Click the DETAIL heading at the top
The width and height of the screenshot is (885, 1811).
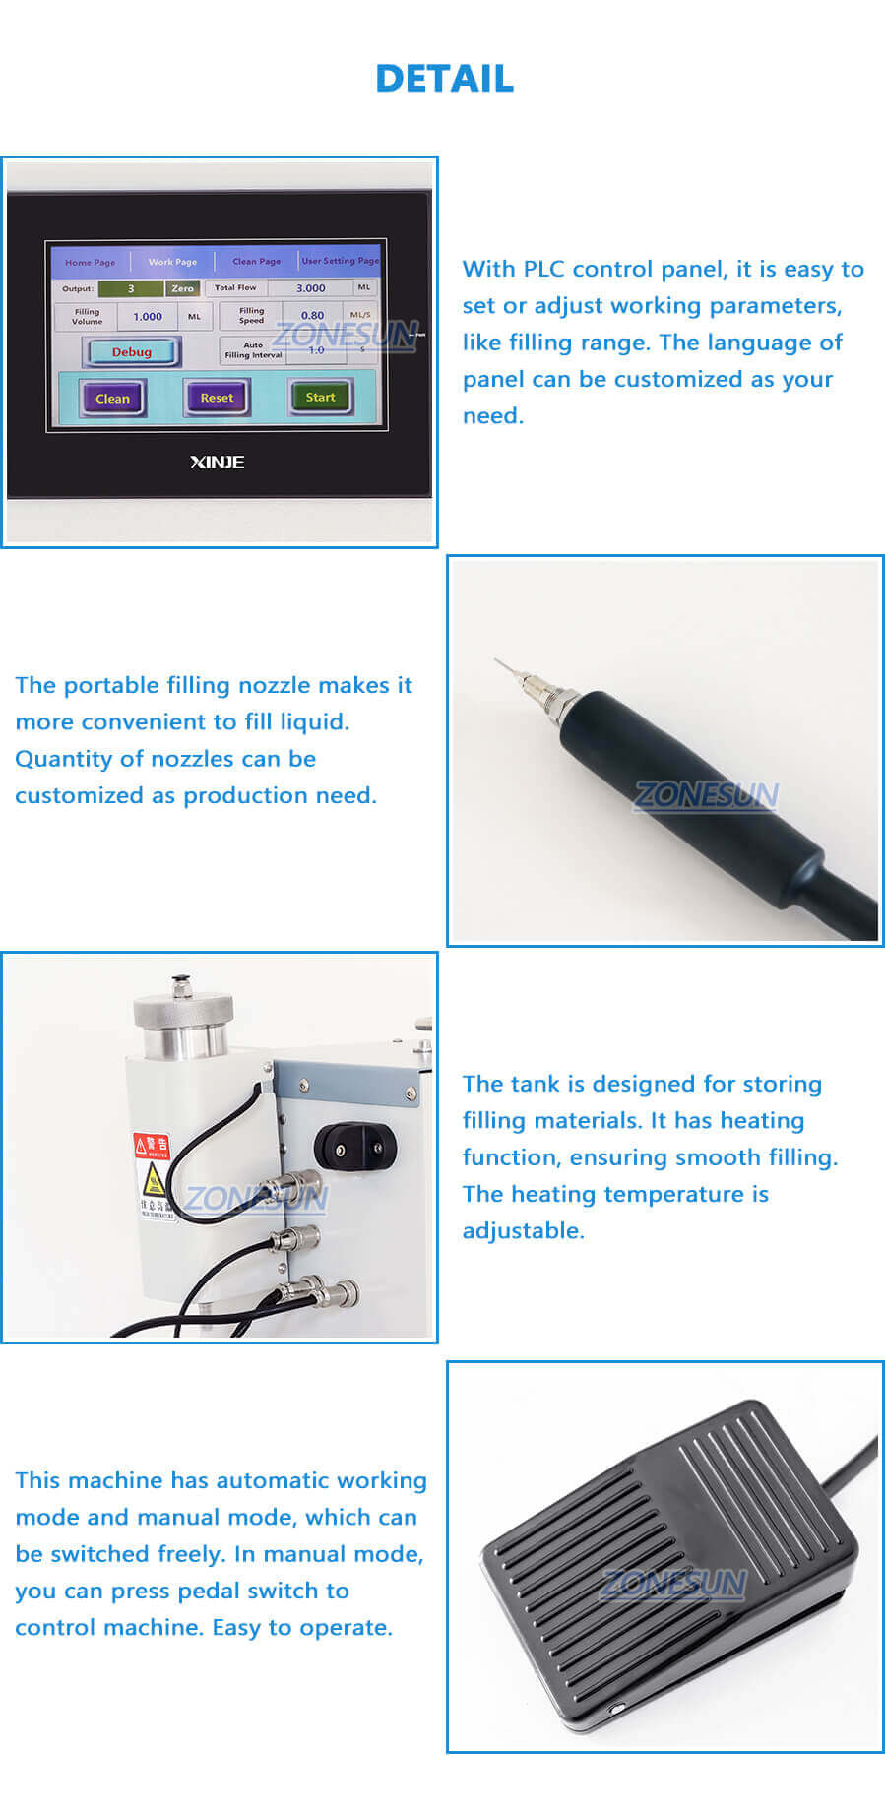coord(444,79)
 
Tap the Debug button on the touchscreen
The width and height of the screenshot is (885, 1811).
coord(132,352)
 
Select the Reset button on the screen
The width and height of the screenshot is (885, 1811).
coord(217,398)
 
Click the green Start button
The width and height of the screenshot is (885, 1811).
coord(320,397)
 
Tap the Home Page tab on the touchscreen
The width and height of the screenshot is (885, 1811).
coord(90,262)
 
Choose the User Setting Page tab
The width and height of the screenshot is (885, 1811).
coord(340,261)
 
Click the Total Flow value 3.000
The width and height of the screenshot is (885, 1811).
coord(311,288)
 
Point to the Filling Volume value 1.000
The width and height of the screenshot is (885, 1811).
coord(148,317)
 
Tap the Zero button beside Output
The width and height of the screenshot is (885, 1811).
coord(182,288)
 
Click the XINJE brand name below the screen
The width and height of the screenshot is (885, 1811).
coord(217,462)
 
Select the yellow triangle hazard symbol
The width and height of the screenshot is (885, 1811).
coord(153,1179)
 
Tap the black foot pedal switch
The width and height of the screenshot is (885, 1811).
coord(669,1565)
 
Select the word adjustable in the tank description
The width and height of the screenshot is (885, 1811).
coord(523,1230)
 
